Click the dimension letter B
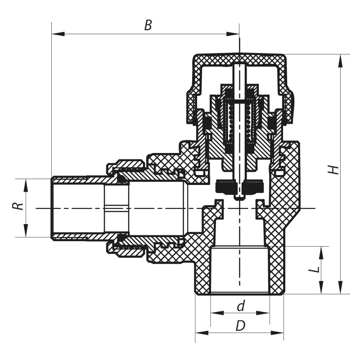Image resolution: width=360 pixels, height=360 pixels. tap(148, 25)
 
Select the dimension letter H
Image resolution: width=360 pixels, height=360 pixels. tap(333, 169)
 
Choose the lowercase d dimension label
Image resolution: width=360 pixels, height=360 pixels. tap(241, 306)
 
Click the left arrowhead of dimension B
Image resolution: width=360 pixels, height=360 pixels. tap(55, 34)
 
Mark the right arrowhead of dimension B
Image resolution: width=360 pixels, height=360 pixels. tap(235, 34)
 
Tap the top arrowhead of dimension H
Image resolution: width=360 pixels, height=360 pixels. tap(341, 58)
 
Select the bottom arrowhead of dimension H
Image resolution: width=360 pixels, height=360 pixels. tap(341, 290)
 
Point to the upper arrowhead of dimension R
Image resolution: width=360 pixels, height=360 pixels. tap(26, 182)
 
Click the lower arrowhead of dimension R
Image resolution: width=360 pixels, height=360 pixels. tap(26, 234)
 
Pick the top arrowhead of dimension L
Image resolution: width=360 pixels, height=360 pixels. tap(321, 250)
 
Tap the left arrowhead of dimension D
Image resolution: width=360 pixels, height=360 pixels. tap(198, 333)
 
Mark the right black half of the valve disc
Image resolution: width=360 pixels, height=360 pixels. tap(252, 186)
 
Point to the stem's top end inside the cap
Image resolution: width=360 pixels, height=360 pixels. tap(239, 66)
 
